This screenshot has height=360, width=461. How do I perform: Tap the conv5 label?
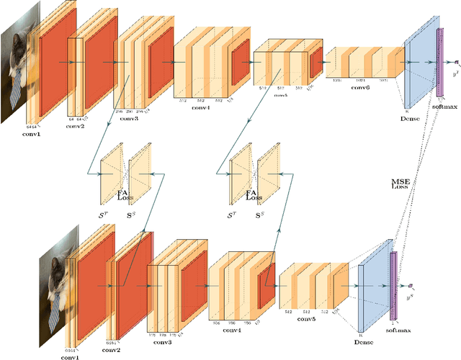[x=310, y=320]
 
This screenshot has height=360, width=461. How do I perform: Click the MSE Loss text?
[x=400, y=184]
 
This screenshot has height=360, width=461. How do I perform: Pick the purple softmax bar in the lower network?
[x=393, y=286]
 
